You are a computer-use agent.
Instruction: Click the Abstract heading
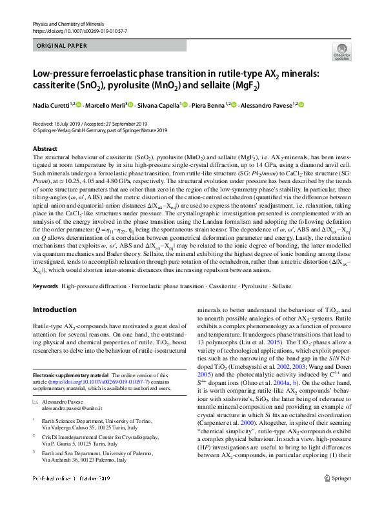(45, 148)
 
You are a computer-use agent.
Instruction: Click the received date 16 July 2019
(66, 123)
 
